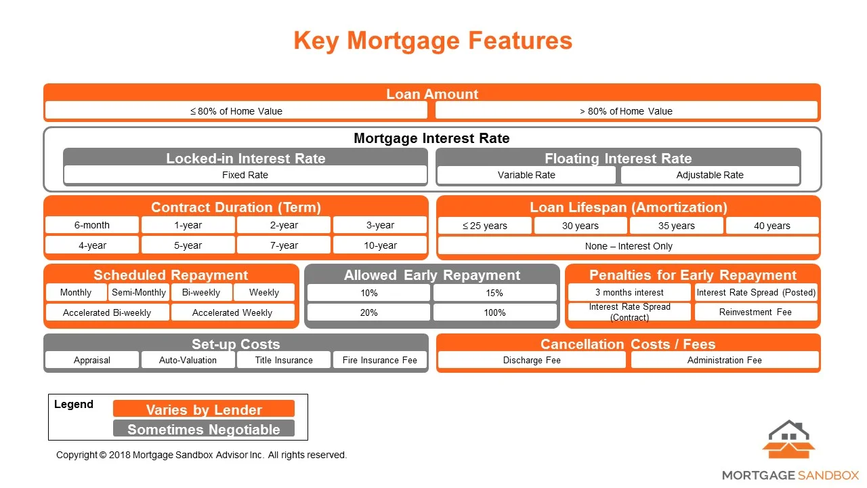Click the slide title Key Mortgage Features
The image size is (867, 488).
433,41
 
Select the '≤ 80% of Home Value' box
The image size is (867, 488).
236,111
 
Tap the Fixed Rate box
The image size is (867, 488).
245,175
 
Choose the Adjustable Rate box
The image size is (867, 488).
710,175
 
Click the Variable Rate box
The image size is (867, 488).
526,175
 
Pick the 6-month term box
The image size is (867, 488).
92,225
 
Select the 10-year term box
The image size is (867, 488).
380,245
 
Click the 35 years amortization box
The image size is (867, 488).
677,226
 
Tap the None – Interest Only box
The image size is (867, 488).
629,246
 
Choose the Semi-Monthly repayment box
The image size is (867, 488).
139,292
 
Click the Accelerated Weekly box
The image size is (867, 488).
232,312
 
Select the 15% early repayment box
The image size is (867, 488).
495,293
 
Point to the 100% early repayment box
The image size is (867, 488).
495,312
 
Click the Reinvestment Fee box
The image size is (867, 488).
756,312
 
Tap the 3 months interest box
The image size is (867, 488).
629,292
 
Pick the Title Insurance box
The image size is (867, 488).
284,360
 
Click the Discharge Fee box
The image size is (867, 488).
532,360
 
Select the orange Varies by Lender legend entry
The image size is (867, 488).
204,409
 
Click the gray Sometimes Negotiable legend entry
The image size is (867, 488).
204,429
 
